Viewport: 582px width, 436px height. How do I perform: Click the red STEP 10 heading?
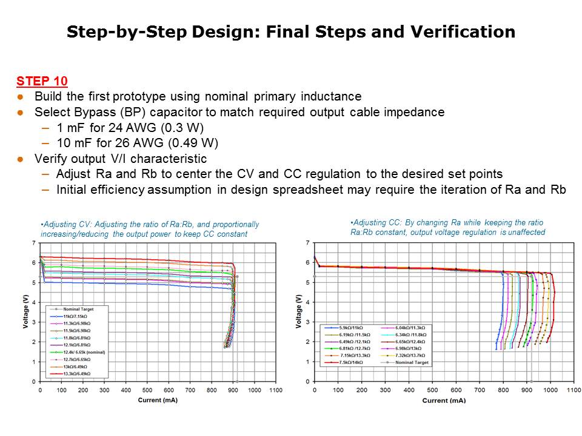pos(42,81)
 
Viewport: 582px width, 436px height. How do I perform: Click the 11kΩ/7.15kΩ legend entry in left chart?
pos(77,316)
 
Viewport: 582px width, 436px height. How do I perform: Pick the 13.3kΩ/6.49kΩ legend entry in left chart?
pos(78,374)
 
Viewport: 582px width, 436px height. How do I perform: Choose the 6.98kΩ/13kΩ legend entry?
pos(412,348)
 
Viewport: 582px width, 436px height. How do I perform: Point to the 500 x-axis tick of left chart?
pos(147,391)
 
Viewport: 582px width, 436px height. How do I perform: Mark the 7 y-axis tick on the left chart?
pos(34,243)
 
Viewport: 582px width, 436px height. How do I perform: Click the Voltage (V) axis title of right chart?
pos(298,312)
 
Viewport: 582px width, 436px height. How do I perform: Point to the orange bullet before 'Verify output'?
pos(20,159)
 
